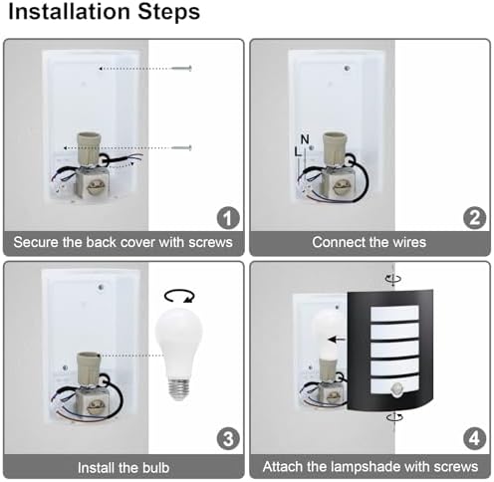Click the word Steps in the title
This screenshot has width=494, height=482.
point(171,14)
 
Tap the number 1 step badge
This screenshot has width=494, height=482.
point(228,218)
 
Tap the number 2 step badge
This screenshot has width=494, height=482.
point(473,218)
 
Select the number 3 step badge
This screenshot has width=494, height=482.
point(228,436)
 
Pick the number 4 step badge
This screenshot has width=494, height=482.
point(473,436)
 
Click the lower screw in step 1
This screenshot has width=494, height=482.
point(180,148)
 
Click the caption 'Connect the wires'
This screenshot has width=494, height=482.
point(369,243)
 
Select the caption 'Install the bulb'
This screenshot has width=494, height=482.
point(123,465)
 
